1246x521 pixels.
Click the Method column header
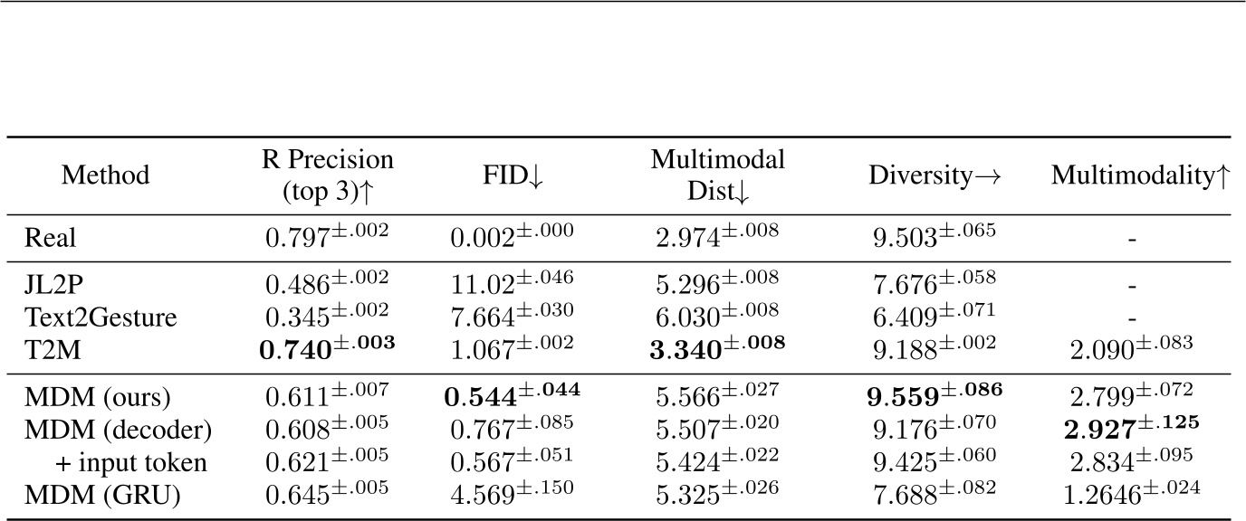[x=105, y=175]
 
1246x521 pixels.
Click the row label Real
[x=51, y=239]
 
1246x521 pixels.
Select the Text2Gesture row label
[x=89, y=317]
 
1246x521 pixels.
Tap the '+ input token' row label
[x=119, y=464]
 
